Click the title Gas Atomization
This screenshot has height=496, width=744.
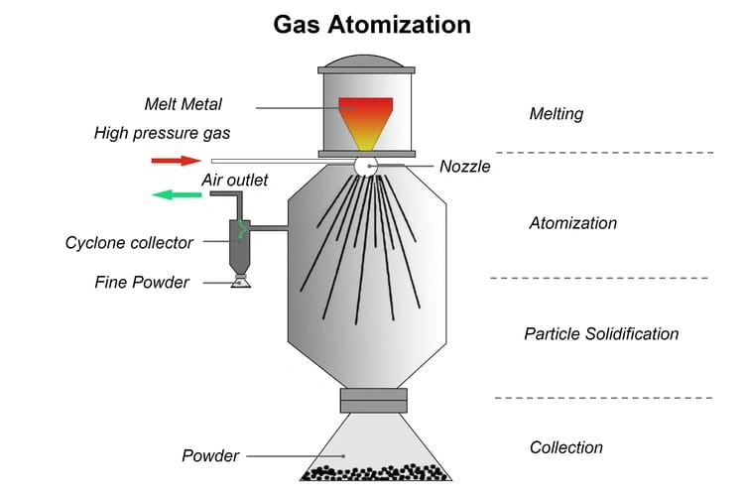372,23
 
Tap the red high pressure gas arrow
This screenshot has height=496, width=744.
176,160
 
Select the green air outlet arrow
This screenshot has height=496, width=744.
176,194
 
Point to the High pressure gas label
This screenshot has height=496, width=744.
163,133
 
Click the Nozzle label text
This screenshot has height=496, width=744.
464,167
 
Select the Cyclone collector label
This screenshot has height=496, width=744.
129,243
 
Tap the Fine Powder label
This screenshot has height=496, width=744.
142,283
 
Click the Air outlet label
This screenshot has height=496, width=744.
234,181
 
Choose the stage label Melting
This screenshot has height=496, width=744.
557,114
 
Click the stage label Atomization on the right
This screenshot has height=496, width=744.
572,223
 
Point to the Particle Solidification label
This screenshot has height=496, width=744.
601,334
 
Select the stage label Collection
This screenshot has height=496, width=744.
566,447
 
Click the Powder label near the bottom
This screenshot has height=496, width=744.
210,456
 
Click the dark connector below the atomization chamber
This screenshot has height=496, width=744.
373,400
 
